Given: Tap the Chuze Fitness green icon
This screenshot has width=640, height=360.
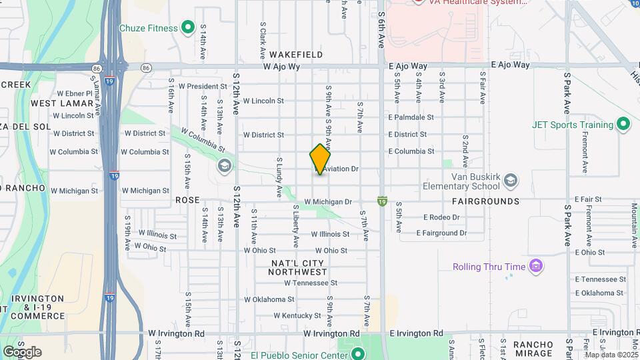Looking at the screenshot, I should point(189,28).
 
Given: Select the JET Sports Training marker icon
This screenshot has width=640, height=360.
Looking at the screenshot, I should point(623,125).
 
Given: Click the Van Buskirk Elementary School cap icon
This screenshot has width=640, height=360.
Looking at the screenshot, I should point(511,180).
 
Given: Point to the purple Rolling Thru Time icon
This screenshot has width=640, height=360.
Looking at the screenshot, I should point(535,267).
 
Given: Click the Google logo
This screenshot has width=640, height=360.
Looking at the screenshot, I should point(22,352).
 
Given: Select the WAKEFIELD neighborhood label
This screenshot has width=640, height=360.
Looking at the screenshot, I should point(297,55).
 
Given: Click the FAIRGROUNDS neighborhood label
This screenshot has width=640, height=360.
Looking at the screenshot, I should point(485,201).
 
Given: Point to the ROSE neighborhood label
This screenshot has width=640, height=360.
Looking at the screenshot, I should point(187,200).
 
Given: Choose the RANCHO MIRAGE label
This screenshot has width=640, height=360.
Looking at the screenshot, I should point(533,349).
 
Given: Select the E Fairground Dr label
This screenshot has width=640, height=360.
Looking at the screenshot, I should point(441,233).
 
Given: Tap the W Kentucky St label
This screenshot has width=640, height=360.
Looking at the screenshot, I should point(278,315).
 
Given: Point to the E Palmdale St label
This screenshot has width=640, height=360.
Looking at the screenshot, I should point(411,117).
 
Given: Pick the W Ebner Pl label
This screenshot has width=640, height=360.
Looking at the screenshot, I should point(74,93).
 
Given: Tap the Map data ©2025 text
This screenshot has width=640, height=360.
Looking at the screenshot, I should point(611,355).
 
